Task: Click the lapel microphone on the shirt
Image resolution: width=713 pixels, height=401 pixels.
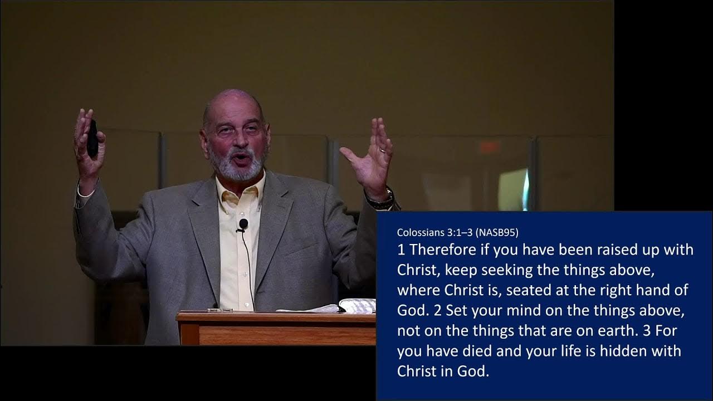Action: [x=243, y=225]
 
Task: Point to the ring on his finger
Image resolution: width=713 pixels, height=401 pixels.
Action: [x=383, y=149]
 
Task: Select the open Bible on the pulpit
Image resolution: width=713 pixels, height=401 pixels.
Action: [x=356, y=306]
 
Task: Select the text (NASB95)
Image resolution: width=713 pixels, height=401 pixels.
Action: [x=497, y=232]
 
